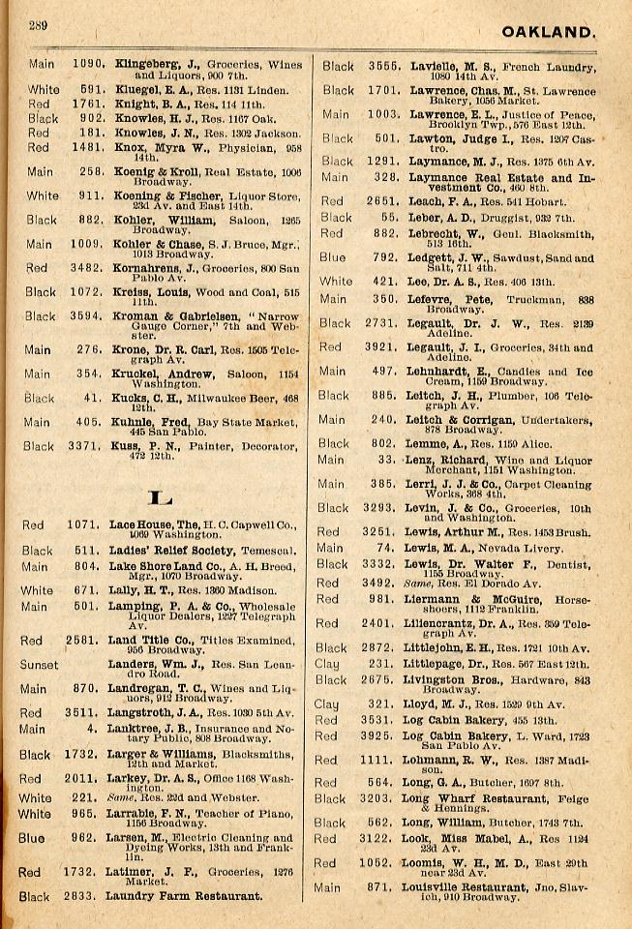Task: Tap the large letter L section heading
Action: click(x=159, y=498)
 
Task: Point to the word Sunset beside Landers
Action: click(x=40, y=666)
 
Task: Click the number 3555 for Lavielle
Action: click(x=384, y=66)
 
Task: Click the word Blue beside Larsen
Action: click(x=31, y=838)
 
